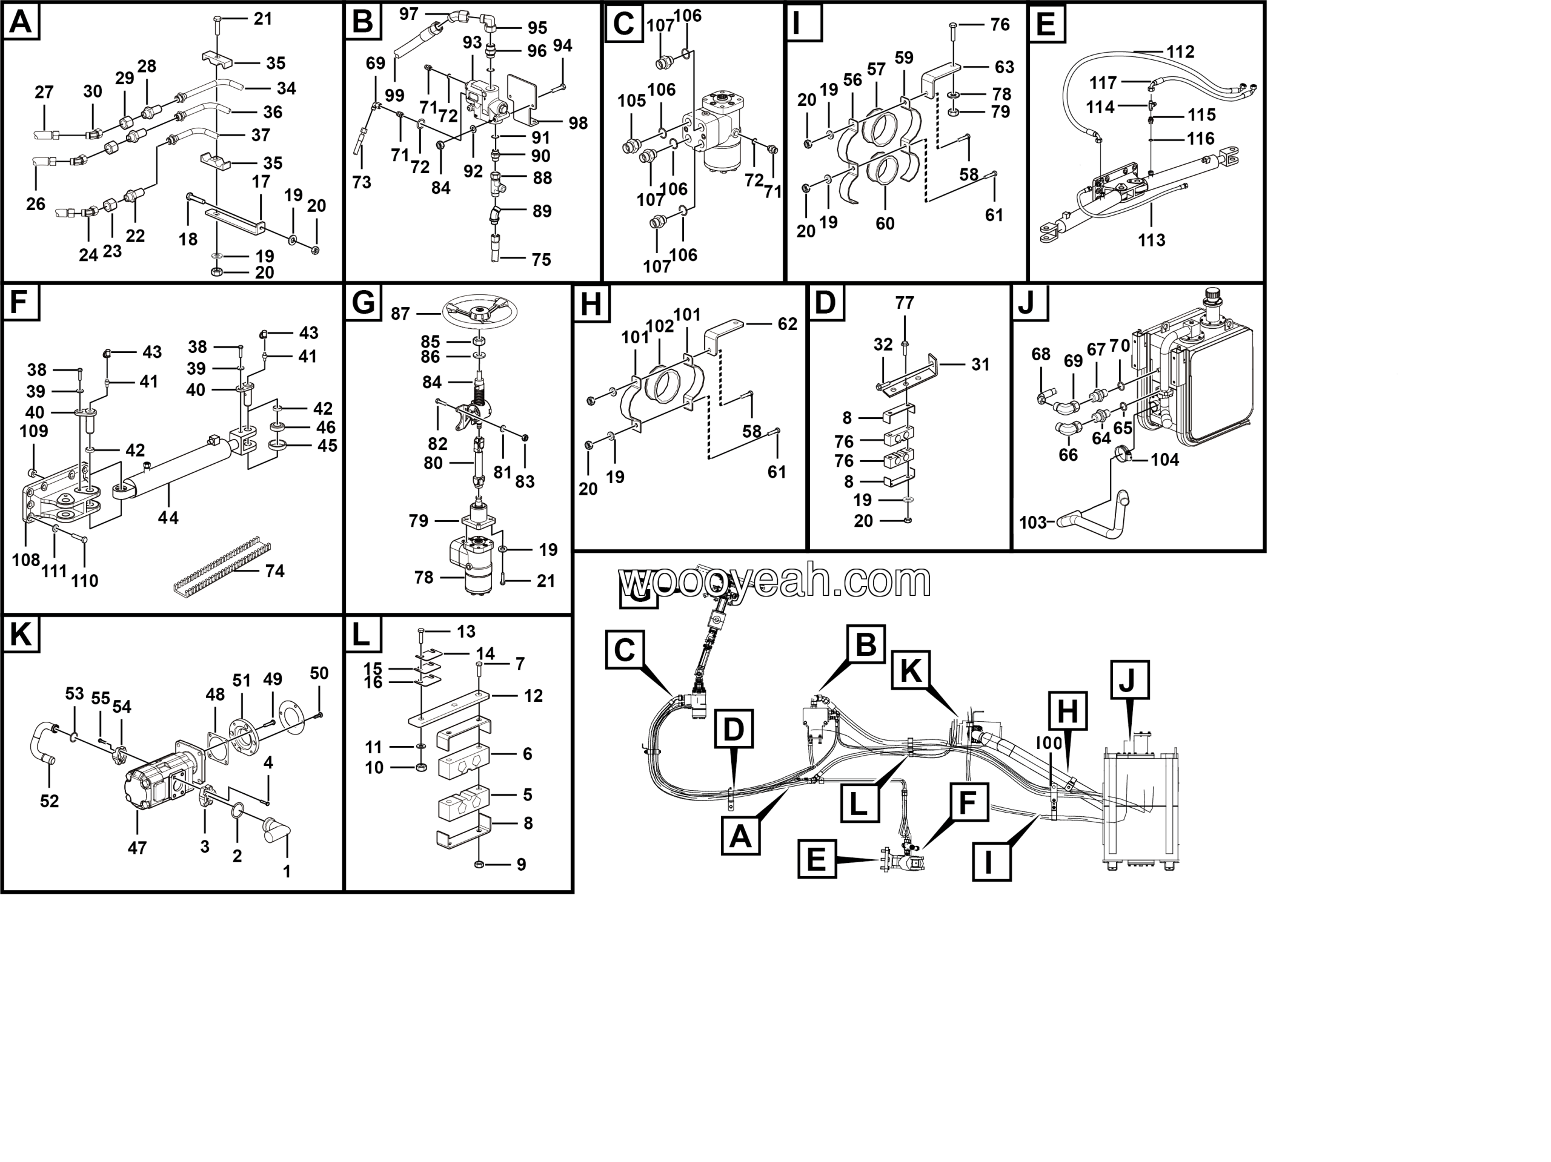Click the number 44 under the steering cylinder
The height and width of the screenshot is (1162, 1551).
click(x=168, y=517)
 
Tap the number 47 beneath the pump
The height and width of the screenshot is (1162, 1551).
click(x=137, y=847)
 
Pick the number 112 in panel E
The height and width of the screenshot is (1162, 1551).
click(x=1180, y=52)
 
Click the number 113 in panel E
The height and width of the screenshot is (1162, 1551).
click(x=1151, y=240)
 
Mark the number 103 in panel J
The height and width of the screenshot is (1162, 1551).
click(x=1032, y=522)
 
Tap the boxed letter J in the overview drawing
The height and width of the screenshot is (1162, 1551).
click(x=1129, y=680)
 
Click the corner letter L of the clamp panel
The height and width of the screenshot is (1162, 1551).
click(x=361, y=635)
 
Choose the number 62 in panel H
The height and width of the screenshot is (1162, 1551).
click(x=787, y=324)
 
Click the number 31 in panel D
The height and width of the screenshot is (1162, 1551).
click(x=980, y=365)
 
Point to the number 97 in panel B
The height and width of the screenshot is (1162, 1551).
click(x=408, y=13)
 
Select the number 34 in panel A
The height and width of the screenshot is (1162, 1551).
click(x=286, y=88)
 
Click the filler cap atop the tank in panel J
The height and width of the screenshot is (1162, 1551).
click(x=1212, y=297)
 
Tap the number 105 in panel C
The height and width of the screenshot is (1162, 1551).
click(x=631, y=101)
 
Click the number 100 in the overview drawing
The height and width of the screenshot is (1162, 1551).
click(x=1049, y=743)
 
